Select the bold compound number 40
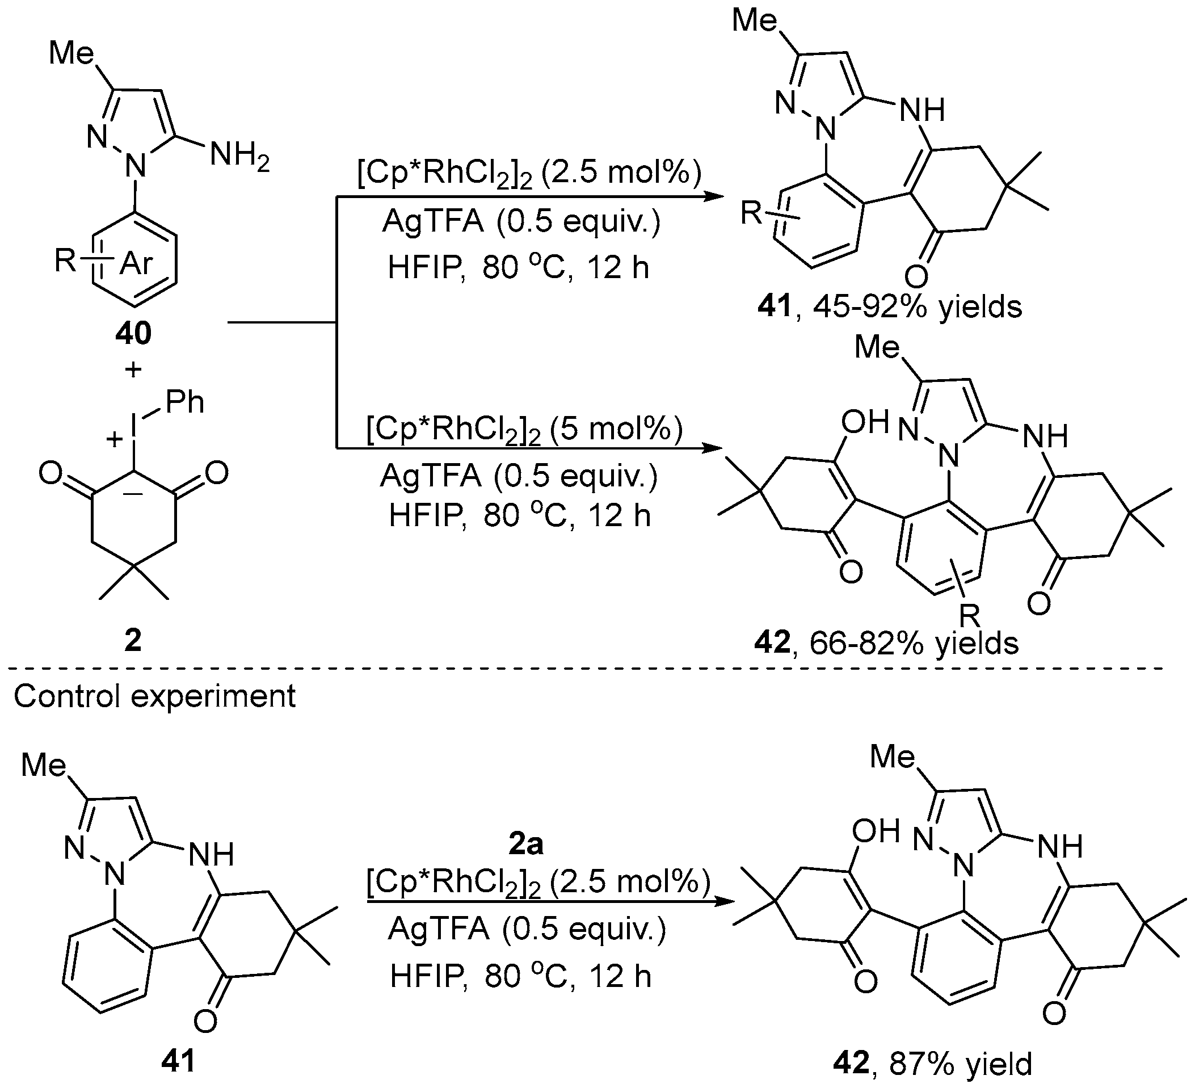(x=133, y=333)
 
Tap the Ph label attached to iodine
(x=185, y=402)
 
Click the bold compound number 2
(x=133, y=641)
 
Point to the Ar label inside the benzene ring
(x=136, y=263)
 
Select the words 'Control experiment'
(x=154, y=695)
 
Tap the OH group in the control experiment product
(x=876, y=831)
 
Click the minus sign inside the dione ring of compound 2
(x=134, y=494)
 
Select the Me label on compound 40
(x=71, y=53)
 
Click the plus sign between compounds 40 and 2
(x=133, y=369)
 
